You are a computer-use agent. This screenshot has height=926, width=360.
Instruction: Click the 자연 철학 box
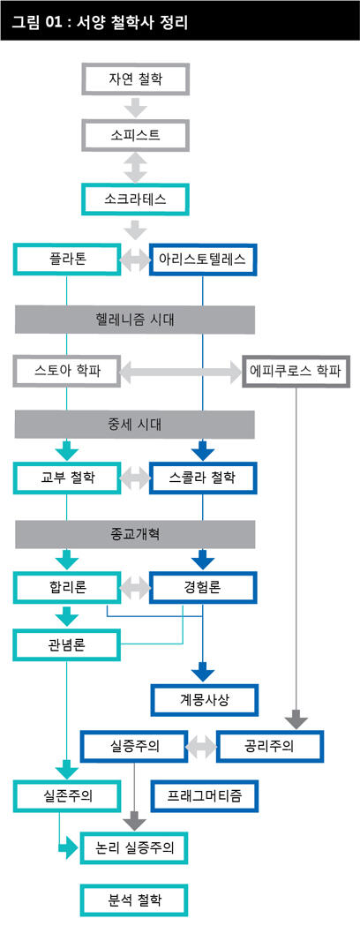[x=135, y=79]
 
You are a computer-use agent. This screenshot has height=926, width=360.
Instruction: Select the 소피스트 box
[x=135, y=135]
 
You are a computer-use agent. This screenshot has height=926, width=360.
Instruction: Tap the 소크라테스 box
[x=135, y=199]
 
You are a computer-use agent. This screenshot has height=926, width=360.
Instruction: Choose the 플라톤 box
[x=67, y=260]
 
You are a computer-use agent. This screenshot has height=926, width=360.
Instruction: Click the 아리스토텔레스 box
[x=204, y=260]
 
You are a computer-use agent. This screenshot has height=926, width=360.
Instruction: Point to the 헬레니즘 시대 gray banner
[x=135, y=320]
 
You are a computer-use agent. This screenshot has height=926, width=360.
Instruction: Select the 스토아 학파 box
[x=67, y=372]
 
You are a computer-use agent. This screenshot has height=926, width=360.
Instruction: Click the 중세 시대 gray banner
[x=135, y=424]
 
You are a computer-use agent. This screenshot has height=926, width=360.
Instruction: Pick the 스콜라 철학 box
[x=204, y=478]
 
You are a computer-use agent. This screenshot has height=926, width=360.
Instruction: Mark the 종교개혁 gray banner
[x=135, y=534]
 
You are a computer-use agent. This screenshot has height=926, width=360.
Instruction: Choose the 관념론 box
[x=67, y=644]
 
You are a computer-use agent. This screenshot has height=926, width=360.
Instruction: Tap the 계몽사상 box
[x=204, y=700]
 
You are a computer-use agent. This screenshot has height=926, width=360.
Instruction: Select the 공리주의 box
[x=270, y=747]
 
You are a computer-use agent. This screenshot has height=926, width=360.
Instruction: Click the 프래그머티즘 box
[x=204, y=795]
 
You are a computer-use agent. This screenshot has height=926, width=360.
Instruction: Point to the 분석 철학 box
[x=135, y=900]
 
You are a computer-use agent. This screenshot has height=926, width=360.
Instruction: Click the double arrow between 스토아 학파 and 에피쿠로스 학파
[x=181, y=372]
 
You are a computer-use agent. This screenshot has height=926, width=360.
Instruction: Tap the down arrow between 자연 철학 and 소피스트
[x=135, y=108]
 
